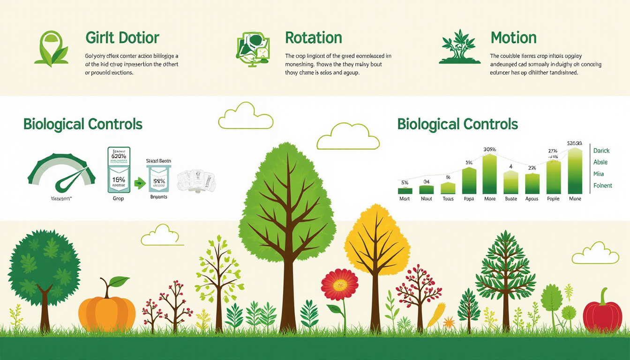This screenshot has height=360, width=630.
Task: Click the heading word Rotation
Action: [313, 37]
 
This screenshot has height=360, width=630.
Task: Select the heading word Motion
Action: [513, 37]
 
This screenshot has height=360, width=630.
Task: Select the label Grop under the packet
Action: [119, 198]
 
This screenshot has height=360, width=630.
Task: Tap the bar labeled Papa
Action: [469, 181]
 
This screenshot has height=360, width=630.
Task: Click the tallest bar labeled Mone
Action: [575, 171]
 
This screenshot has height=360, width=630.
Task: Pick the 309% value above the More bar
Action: [489, 150]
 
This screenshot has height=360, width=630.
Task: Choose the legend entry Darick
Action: [601, 150]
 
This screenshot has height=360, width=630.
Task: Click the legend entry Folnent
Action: [602, 186]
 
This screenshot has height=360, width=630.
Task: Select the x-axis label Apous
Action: [532, 199]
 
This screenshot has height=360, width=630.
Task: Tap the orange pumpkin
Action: [107, 313]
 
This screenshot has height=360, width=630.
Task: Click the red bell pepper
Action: [602, 314]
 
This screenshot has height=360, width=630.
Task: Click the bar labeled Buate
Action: [511, 182]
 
